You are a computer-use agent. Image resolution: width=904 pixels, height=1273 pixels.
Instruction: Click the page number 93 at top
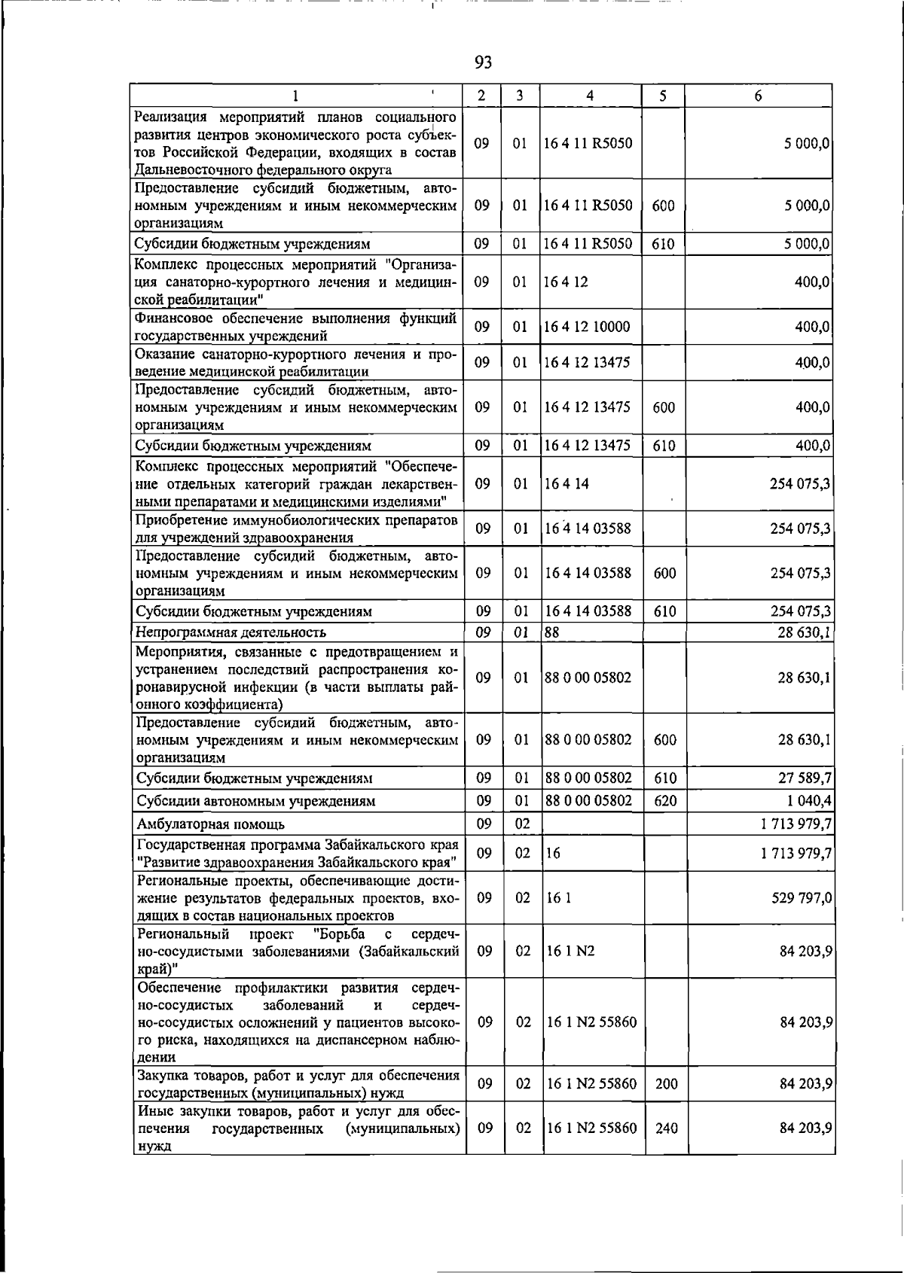(484, 62)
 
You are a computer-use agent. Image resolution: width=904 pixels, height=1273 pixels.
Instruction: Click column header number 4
(590, 96)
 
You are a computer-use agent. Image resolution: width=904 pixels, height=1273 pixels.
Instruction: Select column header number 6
(758, 96)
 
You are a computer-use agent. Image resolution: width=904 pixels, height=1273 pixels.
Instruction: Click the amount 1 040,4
(807, 800)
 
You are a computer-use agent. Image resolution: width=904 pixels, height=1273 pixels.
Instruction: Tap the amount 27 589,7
(804, 778)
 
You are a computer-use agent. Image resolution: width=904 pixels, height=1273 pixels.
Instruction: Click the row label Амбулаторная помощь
(211, 824)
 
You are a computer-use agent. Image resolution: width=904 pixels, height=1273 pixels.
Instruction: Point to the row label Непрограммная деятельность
(231, 632)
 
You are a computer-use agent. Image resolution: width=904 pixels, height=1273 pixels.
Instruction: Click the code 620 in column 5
(665, 800)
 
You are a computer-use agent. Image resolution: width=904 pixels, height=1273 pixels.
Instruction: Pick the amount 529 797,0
(802, 898)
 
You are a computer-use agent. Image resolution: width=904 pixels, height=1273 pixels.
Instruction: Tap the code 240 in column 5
(666, 1128)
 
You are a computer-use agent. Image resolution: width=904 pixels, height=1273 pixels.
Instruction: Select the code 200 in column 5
(666, 1084)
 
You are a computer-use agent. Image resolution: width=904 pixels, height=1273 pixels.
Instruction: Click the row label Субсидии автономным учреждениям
(255, 801)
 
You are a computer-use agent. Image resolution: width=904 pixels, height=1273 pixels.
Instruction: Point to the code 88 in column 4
(552, 632)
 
